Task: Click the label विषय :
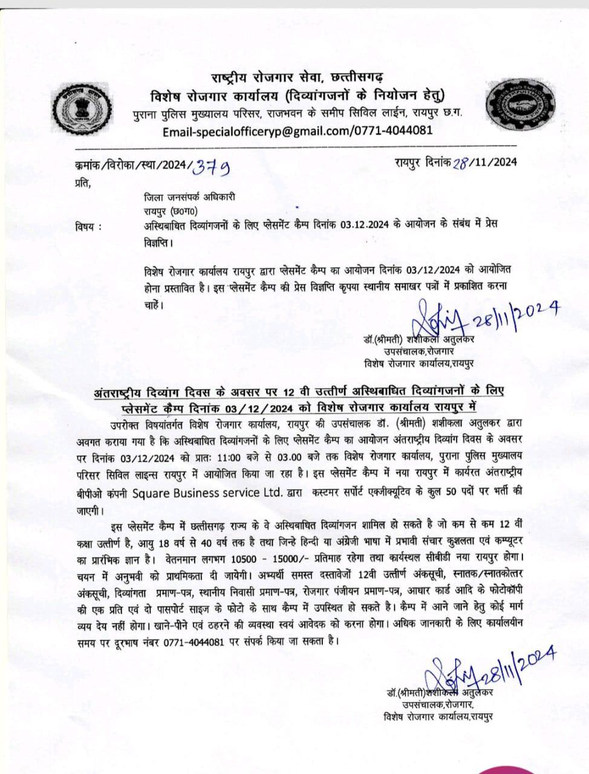tap(89, 226)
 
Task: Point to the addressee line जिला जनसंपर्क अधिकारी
tap(189, 197)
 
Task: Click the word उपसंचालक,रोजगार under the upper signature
tap(418, 351)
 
